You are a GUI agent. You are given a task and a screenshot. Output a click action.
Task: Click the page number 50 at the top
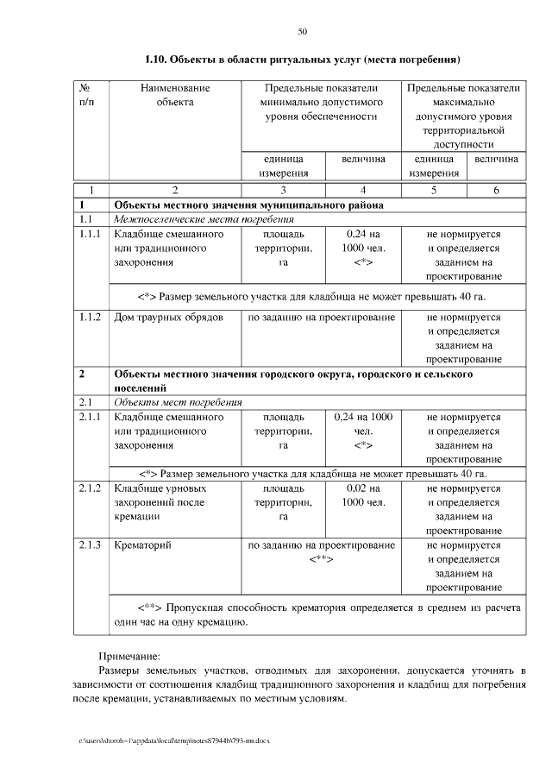click(x=302, y=32)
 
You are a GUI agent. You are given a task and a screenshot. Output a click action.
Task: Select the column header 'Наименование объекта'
click(x=175, y=95)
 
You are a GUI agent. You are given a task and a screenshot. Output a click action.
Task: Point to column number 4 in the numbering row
click(x=363, y=189)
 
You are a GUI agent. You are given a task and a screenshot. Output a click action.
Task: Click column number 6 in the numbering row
click(x=496, y=189)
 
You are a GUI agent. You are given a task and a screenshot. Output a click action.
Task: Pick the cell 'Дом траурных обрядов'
click(x=169, y=318)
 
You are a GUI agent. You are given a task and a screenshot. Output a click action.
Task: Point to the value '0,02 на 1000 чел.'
click(x=363, y=495)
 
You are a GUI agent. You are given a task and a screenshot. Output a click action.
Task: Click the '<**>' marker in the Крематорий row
click(x=321, y=559)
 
